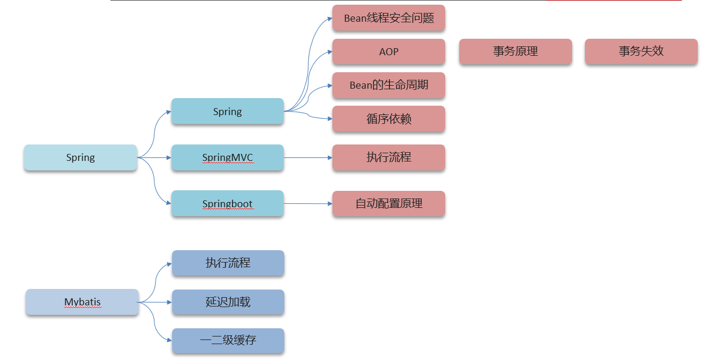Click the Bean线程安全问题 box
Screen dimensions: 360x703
pyautogui.click(x=388, y=18)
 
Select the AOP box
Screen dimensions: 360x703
pyautogui.click(x=388, y=52)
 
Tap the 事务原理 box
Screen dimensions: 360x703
pyautogui.click(x=515, y=52)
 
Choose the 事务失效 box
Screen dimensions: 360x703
pyautogui.click(x=641, y=52)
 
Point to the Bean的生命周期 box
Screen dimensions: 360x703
pyautogui.click(x=388, y=85)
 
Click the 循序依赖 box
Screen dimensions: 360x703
pyautogui.click(x=388, y=119)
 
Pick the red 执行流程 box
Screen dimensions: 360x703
pyautogui.click(x=388, y=157)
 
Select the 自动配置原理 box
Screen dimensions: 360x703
pyautogui.click(x=388, y=204)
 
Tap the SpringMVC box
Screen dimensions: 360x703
pyautogui.click(x=227, y=157)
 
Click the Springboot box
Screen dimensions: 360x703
pyautogui.click(x=227, y=204)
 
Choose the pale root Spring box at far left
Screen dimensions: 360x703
pyautogui.click(x=80, y=157)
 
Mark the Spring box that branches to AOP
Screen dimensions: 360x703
pyautogui.click(x=227, y=112)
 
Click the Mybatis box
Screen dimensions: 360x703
pyautogui.click(x=82, y=302)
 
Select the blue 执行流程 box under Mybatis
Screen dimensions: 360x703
pyautogui.click(x=228, y=263)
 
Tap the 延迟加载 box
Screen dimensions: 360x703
pyautogui.click(x=228, y=302)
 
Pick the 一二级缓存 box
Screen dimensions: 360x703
pyautogui.click(x=228, y=340)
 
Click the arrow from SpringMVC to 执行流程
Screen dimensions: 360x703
pyautogui.click(x=308, y=157)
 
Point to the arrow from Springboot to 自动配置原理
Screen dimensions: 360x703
pyautogui.click(x=308, y=204)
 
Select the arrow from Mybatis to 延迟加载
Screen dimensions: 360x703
pyautogui.click(x=155, y=302)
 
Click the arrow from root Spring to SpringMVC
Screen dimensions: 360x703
pyautogui.click(x=154, y=157)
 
